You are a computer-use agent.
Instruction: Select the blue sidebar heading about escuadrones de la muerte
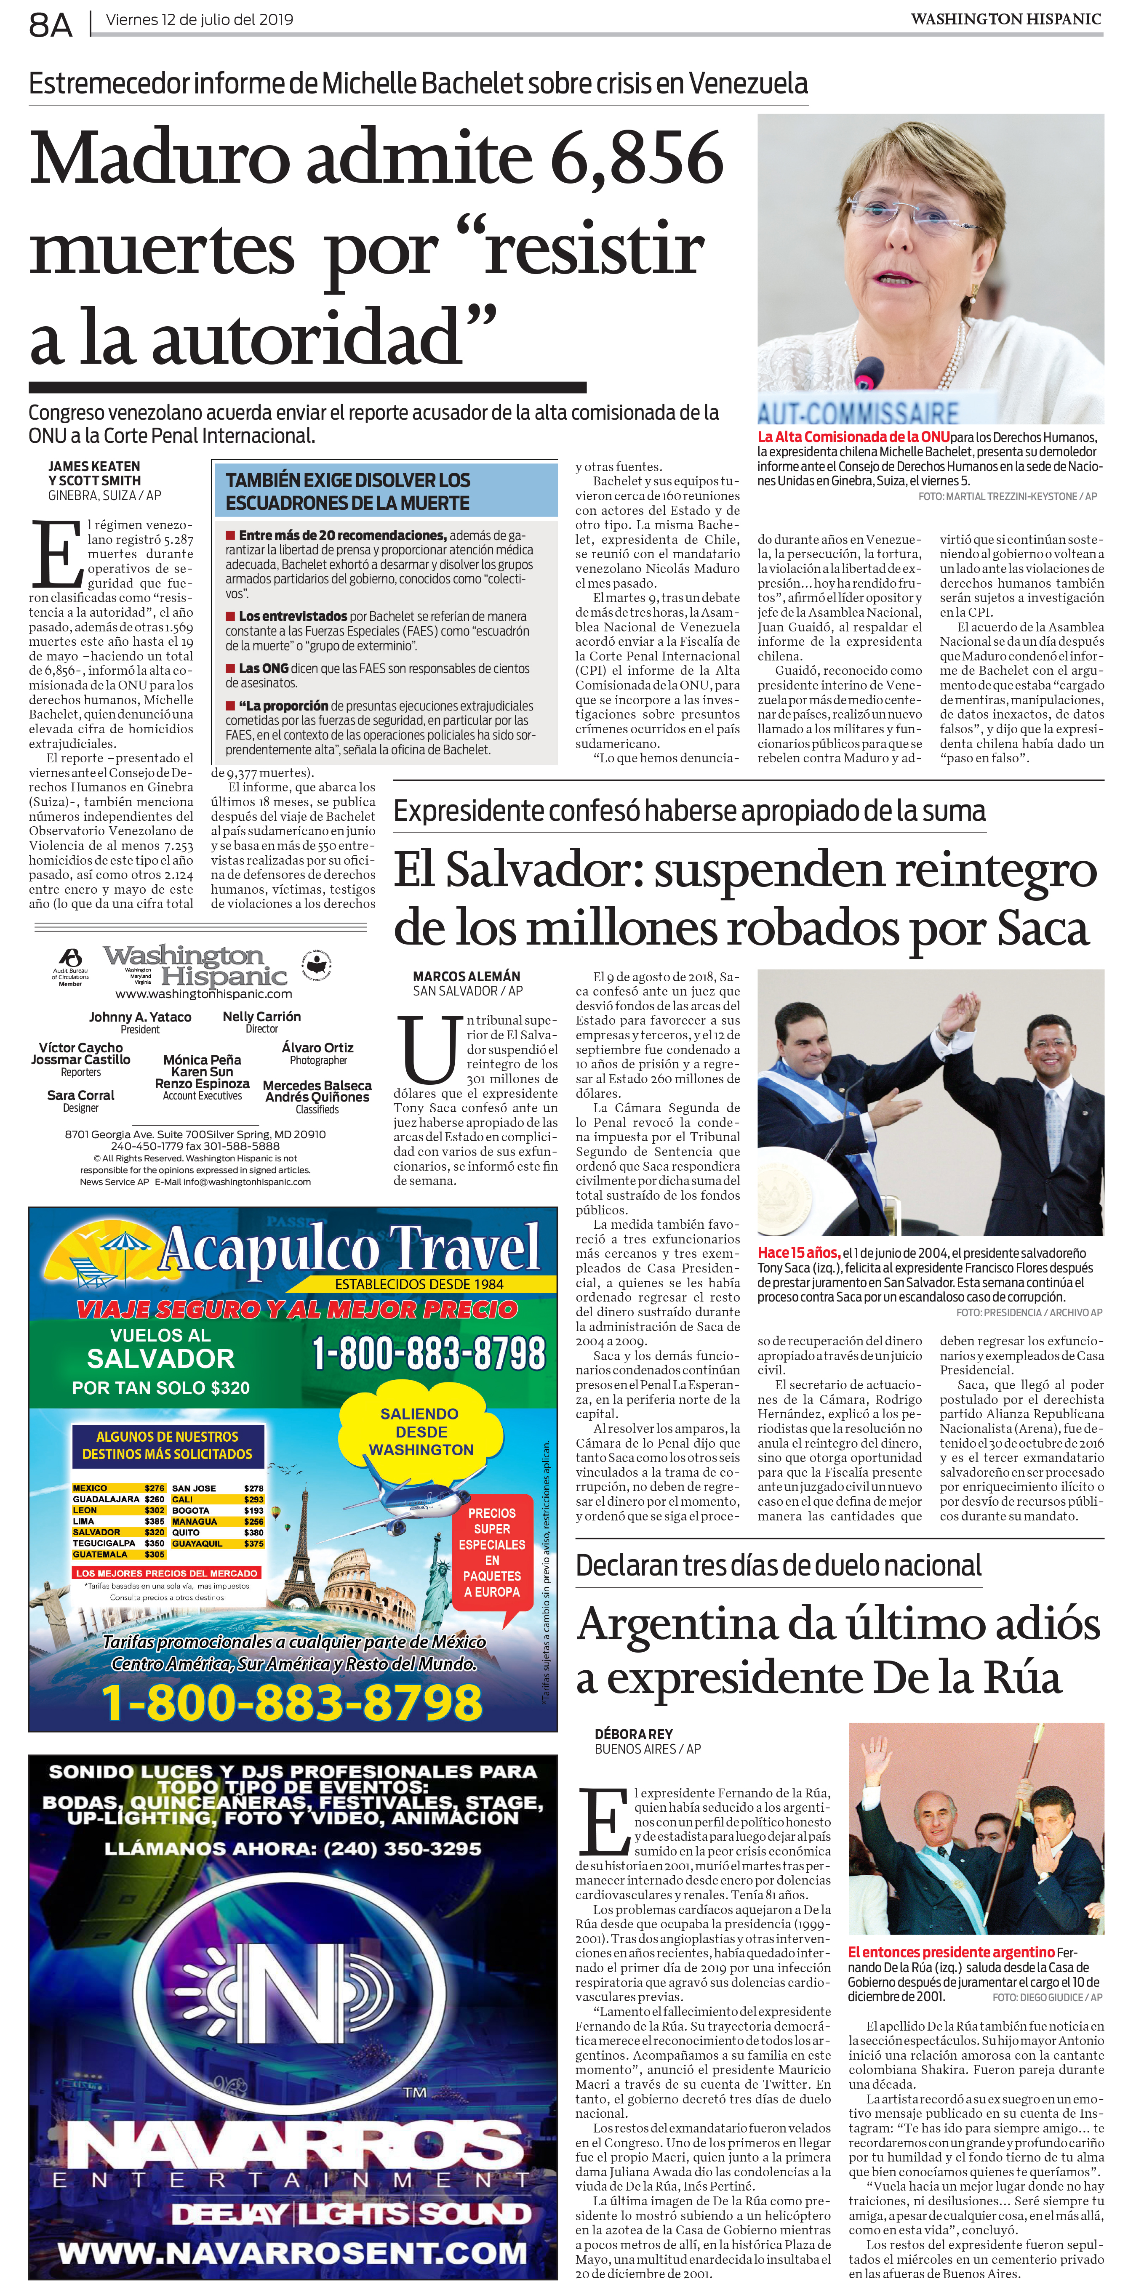pyautogui.click(x=348, y=491)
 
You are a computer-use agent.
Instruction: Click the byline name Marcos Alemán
pyautogui.click(x=467, y=976)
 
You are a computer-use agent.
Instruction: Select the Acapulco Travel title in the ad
pyautogui.click(x=350, y=1248)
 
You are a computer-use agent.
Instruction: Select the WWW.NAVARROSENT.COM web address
pyautogui.click(x=293, y=2252)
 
